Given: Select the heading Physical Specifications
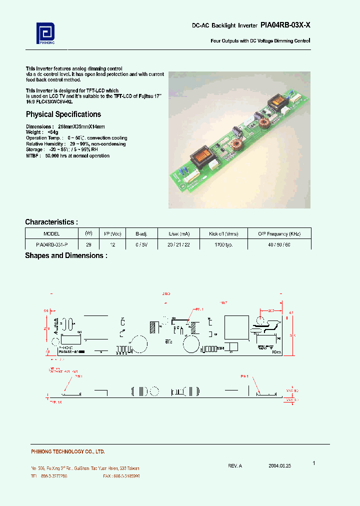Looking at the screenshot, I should tap(63, 114).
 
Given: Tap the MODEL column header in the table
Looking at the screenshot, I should tap(51, 233).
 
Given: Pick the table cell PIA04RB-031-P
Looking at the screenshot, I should tap(51, 244).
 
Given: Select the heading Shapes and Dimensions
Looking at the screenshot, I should tap(66, 255).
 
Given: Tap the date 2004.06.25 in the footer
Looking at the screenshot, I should tap(279, 465).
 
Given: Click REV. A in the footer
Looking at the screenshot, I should tap(234, 465).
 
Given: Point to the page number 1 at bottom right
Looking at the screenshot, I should tap(313, 463).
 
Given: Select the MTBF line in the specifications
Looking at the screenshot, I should tap(67, 156).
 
